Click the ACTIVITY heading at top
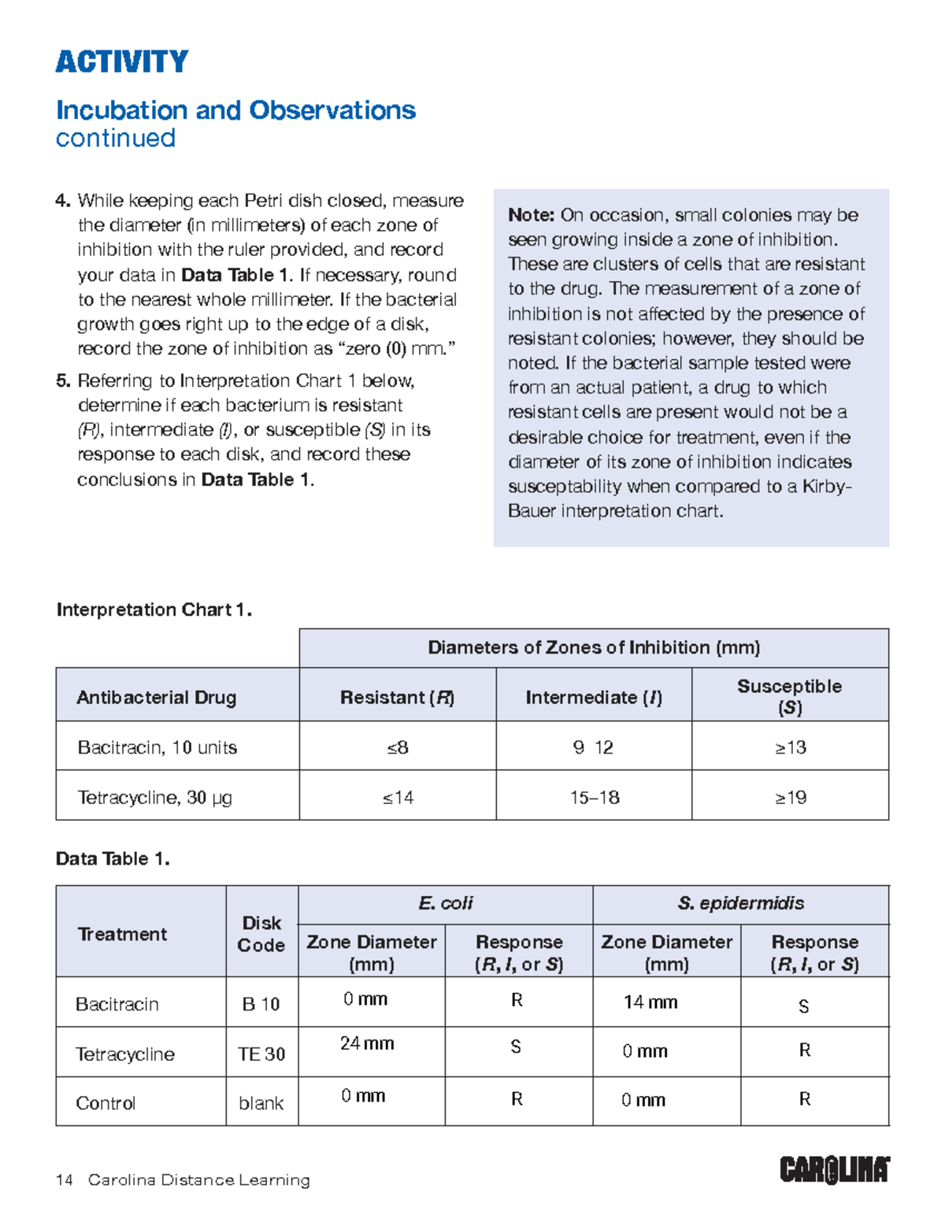[122, 61]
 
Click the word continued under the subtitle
[116, 139]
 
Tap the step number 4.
[63, 201]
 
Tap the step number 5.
[63, 381]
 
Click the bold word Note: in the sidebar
[532, 215]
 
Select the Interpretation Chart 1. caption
[154, 610]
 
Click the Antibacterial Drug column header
[156, 697]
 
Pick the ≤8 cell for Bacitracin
[398, 747]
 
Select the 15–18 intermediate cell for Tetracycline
[595, 798]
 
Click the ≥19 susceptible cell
[790, 798]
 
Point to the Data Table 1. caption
[113, 858]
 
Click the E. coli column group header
[445, 903]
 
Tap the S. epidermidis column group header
[740, 903]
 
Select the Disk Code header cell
[261, 934]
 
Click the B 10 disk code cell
[261, 1004]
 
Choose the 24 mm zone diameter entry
[367, 1043]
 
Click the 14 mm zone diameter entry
[650, 1002]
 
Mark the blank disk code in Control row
[261, 1103]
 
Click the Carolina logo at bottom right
[835, 1169]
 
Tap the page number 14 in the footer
[65, 1180]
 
